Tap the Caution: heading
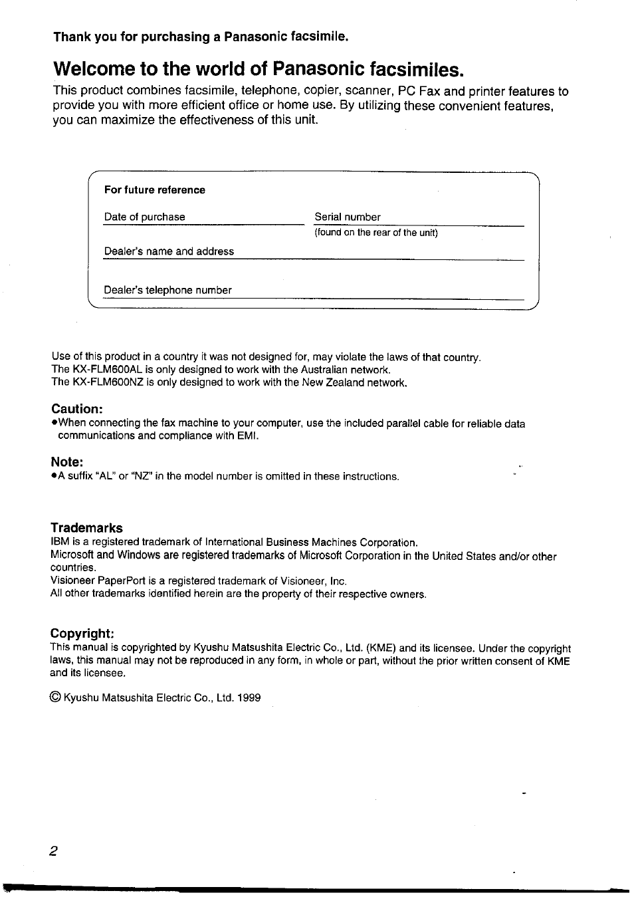77,408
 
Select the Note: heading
67,461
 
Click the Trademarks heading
86,528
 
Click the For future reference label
154,190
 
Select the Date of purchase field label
144,217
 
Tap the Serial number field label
348,217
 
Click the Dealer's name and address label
169,251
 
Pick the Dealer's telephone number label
167,290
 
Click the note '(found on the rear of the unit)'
376,233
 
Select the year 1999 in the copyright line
249,698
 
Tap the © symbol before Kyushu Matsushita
56,698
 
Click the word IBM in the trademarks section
60,543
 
